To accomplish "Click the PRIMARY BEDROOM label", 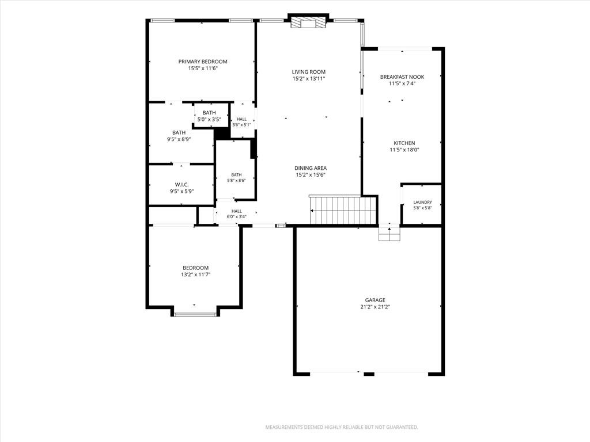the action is pos(203,62).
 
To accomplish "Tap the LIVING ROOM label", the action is pos(309,72).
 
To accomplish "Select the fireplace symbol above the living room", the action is pos(309,23).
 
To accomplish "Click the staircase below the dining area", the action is pos(343,209).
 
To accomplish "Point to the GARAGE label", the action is pos(375,300).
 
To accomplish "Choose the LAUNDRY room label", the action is pos(422,202).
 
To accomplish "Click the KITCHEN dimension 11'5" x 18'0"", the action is pos(404,150).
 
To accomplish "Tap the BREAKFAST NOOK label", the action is pos(402,77).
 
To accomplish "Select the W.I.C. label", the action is pos(181,185).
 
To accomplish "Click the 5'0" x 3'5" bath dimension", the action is pos(209,120).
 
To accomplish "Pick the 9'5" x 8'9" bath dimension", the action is pos(179,139).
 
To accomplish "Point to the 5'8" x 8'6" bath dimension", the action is pos(236,180).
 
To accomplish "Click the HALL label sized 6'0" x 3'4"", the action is pos(237,211).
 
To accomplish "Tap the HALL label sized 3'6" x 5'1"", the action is pos(241,119).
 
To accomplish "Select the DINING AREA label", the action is pos(311,168).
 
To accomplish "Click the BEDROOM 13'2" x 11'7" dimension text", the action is pos(196,275).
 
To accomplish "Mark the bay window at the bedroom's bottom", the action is pos(195,314).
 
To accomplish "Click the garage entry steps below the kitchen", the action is pos(389,233).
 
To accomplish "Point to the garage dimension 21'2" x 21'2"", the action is pos(375,307).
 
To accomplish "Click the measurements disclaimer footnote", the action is pos(342,428).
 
